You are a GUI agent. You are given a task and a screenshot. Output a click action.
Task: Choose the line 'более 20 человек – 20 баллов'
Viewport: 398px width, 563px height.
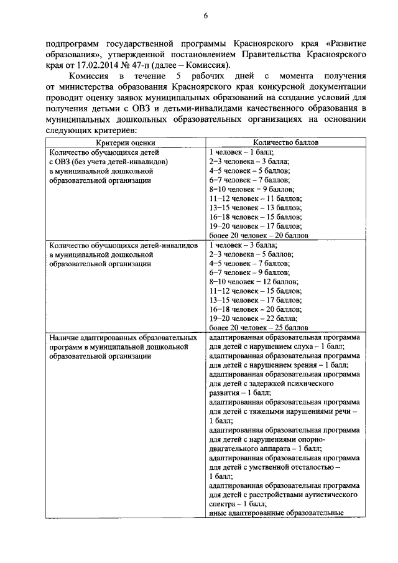coord(258,236)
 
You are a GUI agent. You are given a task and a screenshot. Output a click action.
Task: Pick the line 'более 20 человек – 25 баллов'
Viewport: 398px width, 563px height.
coord(258,327)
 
